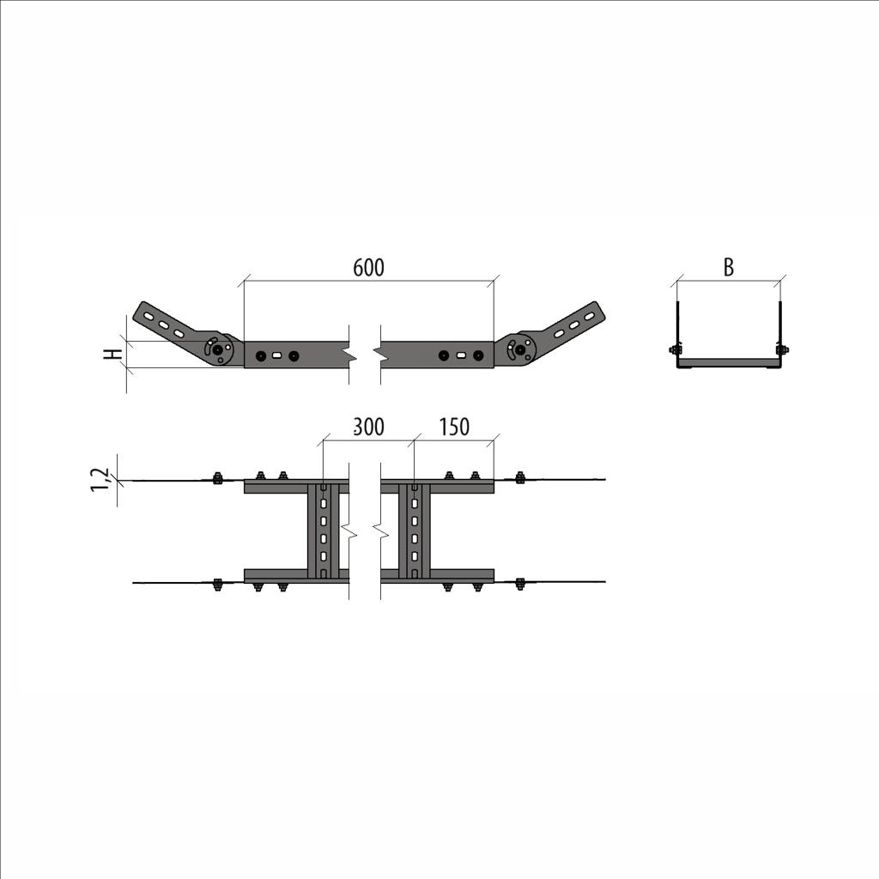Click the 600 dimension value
[x=369, y=268]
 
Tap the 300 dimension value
[x=369, y=427]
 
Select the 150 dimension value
[x=453, y=427]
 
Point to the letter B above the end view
[x=728, y=268]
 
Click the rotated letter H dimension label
[x=115, y=355]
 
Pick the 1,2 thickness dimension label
[x=100, y=481]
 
